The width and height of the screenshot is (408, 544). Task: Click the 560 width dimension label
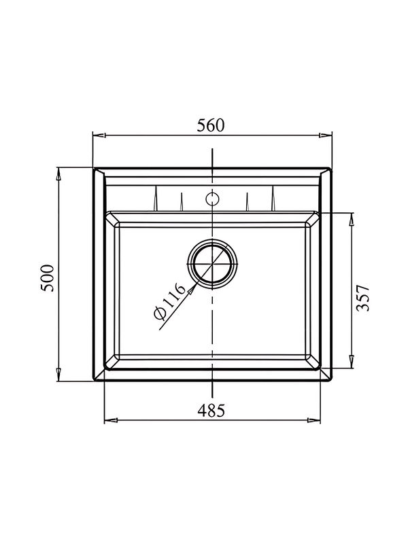click(x=211, y=124)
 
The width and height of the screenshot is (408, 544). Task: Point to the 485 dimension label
click(x=211, y=410)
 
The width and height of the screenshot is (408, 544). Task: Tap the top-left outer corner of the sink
click(x=94, y=168)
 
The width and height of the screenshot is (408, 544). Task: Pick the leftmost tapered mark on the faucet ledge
click(x=156, y=200)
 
